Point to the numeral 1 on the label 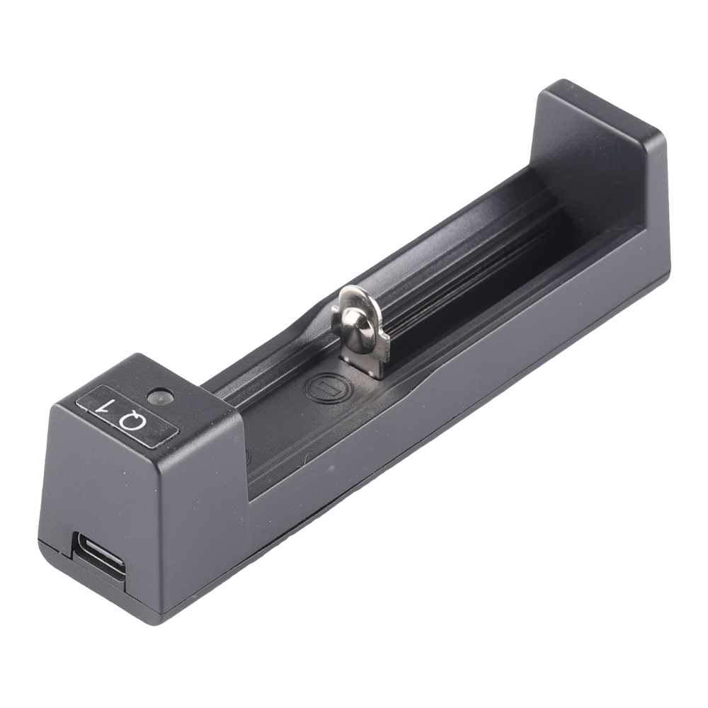[106, 406]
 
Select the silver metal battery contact [361, 326]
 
